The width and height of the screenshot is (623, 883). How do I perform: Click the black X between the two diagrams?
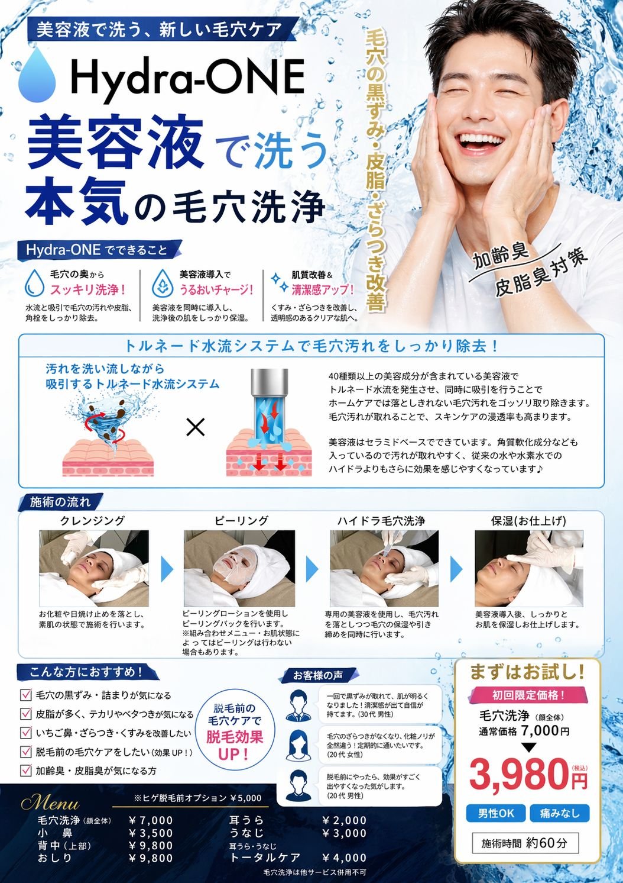coord(195,427)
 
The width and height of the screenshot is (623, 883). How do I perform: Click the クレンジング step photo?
coord(94,568)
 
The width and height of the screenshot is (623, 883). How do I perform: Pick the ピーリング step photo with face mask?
coord(239,568)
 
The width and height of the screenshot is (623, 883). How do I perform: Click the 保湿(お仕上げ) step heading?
coord(528,521)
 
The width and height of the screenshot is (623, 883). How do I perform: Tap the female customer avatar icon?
coord(298,745)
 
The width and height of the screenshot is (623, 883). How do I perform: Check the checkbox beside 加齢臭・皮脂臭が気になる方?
coord(26,771)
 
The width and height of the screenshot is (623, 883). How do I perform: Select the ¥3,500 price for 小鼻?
coord(151,833)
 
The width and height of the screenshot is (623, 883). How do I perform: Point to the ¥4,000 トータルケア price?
coord(344,858)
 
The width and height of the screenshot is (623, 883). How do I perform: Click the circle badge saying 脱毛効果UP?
coord(235,733)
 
